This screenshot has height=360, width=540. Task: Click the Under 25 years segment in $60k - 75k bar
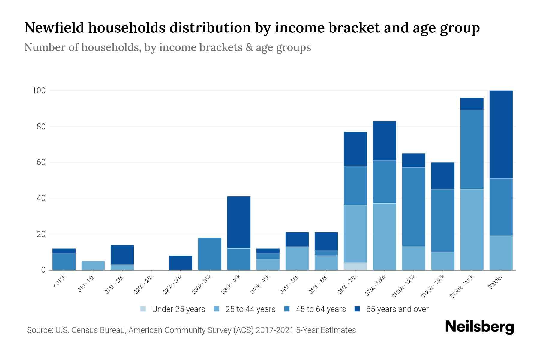click(355, 266)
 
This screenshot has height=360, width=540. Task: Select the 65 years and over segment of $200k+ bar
click(501, 134)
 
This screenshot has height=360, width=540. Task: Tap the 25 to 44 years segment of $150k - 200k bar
click(472, 229)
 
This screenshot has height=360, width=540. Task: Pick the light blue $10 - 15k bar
click(93, 265)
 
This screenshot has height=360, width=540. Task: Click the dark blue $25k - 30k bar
click(180, 263)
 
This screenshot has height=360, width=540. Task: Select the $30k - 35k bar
click(210, 254)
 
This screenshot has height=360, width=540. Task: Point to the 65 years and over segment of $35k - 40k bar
click(239, 222)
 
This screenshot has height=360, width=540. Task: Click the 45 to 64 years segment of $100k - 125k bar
click(413, 207)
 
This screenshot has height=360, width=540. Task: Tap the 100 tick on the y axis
click(39, 91)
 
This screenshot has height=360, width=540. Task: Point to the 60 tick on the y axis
click(41, 162)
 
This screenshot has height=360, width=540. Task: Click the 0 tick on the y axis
click(43, 270)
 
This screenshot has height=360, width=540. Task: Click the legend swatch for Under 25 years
click(143, 309)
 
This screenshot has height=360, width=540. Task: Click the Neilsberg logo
click(479, 327)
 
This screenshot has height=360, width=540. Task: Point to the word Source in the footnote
click(39, 330)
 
